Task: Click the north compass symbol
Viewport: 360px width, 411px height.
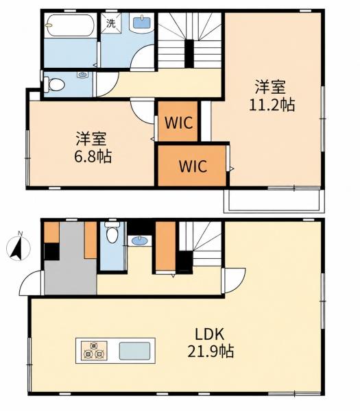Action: [19, 247]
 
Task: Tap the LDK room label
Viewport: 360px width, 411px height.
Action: [209, 334]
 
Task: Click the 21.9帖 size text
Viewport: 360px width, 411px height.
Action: [211, 351]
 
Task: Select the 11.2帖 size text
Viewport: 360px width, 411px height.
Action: [272, 105]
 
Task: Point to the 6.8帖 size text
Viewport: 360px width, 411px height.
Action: [93, 156]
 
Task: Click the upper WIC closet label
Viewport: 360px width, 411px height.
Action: [179, 122]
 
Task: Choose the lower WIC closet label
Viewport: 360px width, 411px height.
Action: [193, 166]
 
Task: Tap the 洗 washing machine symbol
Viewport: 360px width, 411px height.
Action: [111, 23]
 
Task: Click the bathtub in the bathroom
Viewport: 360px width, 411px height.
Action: [70, 26]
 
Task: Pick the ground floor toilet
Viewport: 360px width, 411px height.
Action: [112, 232]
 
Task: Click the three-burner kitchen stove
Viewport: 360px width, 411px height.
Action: [94, 351]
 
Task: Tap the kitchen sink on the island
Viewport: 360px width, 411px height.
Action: [135, 351]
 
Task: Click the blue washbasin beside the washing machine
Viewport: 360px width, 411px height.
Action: [142, 23]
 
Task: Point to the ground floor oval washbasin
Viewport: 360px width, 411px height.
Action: [139, 240]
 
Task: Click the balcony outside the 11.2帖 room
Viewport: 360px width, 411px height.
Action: [274, 200]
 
